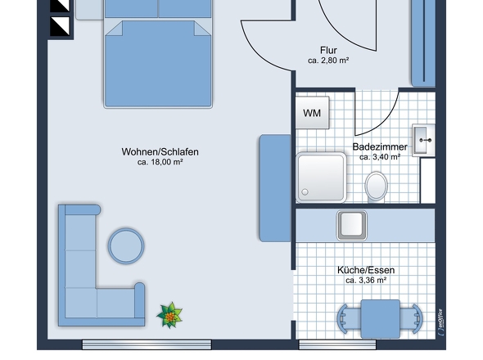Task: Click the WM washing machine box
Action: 312,113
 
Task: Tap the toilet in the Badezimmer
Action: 377,185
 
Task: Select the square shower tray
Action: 321,178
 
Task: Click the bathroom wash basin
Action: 424,141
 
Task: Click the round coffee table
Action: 127,245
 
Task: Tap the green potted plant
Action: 169,313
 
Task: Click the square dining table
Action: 380,317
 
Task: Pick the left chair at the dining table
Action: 345,317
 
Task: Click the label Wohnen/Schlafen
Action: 160,151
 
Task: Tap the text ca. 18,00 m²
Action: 160,162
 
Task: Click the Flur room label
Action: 329,50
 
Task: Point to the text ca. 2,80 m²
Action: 329,61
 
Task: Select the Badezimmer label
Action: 380,146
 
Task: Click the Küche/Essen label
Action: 365,270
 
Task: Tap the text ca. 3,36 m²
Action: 365,281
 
